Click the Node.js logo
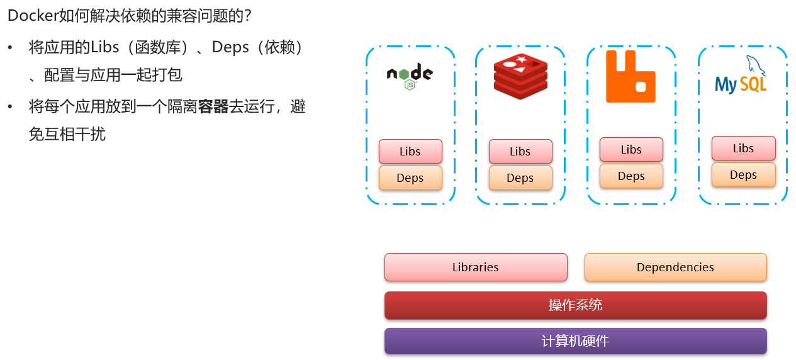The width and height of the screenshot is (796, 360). (x=410, y=76)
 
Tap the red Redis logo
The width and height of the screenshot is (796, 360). (x=520, y=76)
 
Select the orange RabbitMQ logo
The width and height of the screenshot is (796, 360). (x=631, y=76)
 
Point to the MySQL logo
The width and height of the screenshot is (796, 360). (x=741, y=75)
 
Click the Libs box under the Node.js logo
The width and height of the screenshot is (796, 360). (x=410, y=152)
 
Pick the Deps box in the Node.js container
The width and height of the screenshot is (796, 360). (x=410, y=177)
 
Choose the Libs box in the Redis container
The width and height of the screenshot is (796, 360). (x=520, y=152)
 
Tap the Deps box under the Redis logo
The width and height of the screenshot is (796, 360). (x=520, y=177)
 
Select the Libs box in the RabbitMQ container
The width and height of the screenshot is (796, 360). (x=632, y=150)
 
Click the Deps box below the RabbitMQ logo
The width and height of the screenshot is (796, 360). (x=632, y=176)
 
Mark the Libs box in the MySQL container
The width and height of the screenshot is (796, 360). (x=744, y=148)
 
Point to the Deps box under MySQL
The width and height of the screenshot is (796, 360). (x=744, y=175)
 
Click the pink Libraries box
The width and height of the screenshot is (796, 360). (x=476, y=267)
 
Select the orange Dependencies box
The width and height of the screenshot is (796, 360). (x=676, y=267)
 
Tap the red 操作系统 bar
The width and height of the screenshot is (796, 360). (x=576, y=305)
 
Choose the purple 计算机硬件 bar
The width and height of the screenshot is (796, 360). (x=576, y=341)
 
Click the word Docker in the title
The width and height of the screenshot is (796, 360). (x=33, y=16)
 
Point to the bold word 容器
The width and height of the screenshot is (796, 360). (x=213, y=106)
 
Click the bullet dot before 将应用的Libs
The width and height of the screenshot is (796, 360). (x=10, y=47)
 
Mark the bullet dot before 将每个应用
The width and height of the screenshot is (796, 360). (x=10, y=106)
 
